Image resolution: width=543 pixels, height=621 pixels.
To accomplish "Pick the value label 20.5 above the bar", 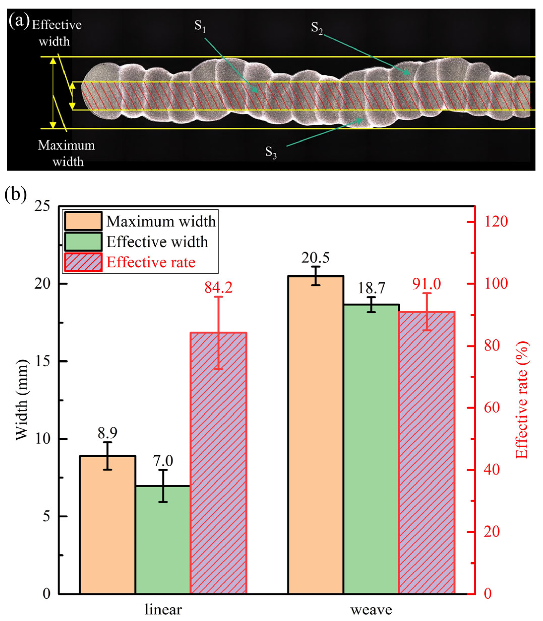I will click(x=315, y=258).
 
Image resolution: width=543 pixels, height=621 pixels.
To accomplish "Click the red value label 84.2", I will click(x=218, y=287).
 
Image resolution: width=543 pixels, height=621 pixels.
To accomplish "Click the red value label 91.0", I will click(x=427, y=284).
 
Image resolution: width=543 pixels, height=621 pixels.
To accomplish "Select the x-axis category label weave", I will click(x=371, y=609).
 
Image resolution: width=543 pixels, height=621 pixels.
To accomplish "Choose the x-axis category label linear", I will click(x=163, y=609).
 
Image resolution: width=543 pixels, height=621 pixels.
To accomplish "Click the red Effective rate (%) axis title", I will click(x=522, y=400).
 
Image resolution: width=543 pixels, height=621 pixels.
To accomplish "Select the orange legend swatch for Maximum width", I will click(x=83, y=221).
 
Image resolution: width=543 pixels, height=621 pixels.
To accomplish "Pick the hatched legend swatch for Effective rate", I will click(x=83, y=262).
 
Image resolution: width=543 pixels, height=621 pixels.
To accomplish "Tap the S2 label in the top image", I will click(x=317, y=28).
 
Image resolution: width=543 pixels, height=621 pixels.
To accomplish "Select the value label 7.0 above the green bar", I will click(x=163, y=461).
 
